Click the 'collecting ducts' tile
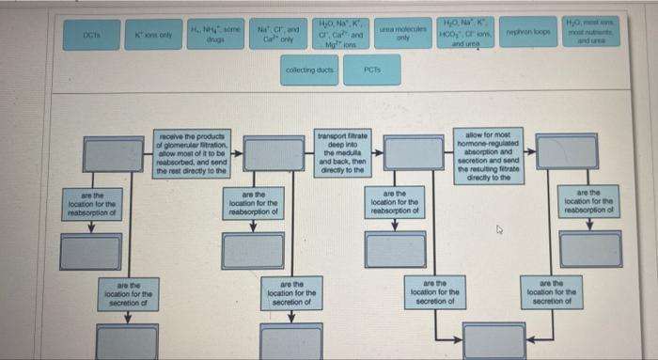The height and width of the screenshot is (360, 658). [x=310, y=70]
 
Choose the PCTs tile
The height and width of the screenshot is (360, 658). [x=373, y=70]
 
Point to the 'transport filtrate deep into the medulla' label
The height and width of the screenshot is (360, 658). [x=342, y=152]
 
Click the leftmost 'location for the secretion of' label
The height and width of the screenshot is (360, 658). [x=128, y=294]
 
